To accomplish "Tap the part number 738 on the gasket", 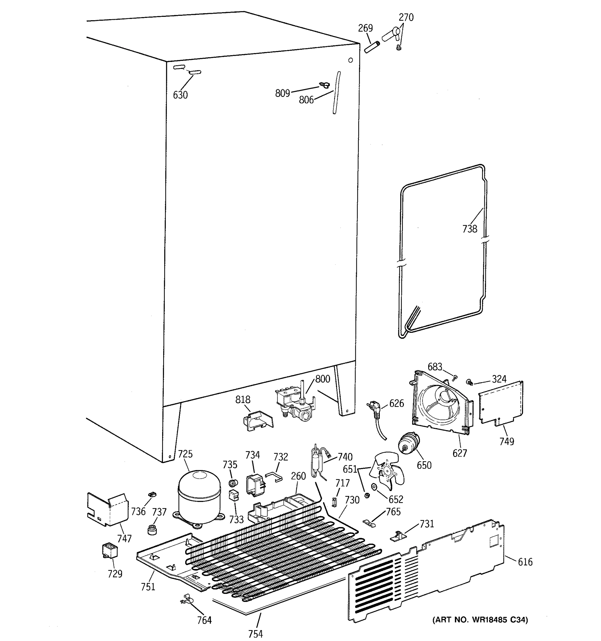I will [470, 229].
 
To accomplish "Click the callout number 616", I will [525, 562].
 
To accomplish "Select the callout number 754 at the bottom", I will [255, 634].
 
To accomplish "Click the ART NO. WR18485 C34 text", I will [480, 619].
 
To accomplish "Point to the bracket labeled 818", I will [258, 420].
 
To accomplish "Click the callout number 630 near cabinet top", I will [180, 95].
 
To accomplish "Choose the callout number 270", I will [406, 17].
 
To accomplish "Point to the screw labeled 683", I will [455, 377].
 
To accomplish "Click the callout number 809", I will [282, 93].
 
